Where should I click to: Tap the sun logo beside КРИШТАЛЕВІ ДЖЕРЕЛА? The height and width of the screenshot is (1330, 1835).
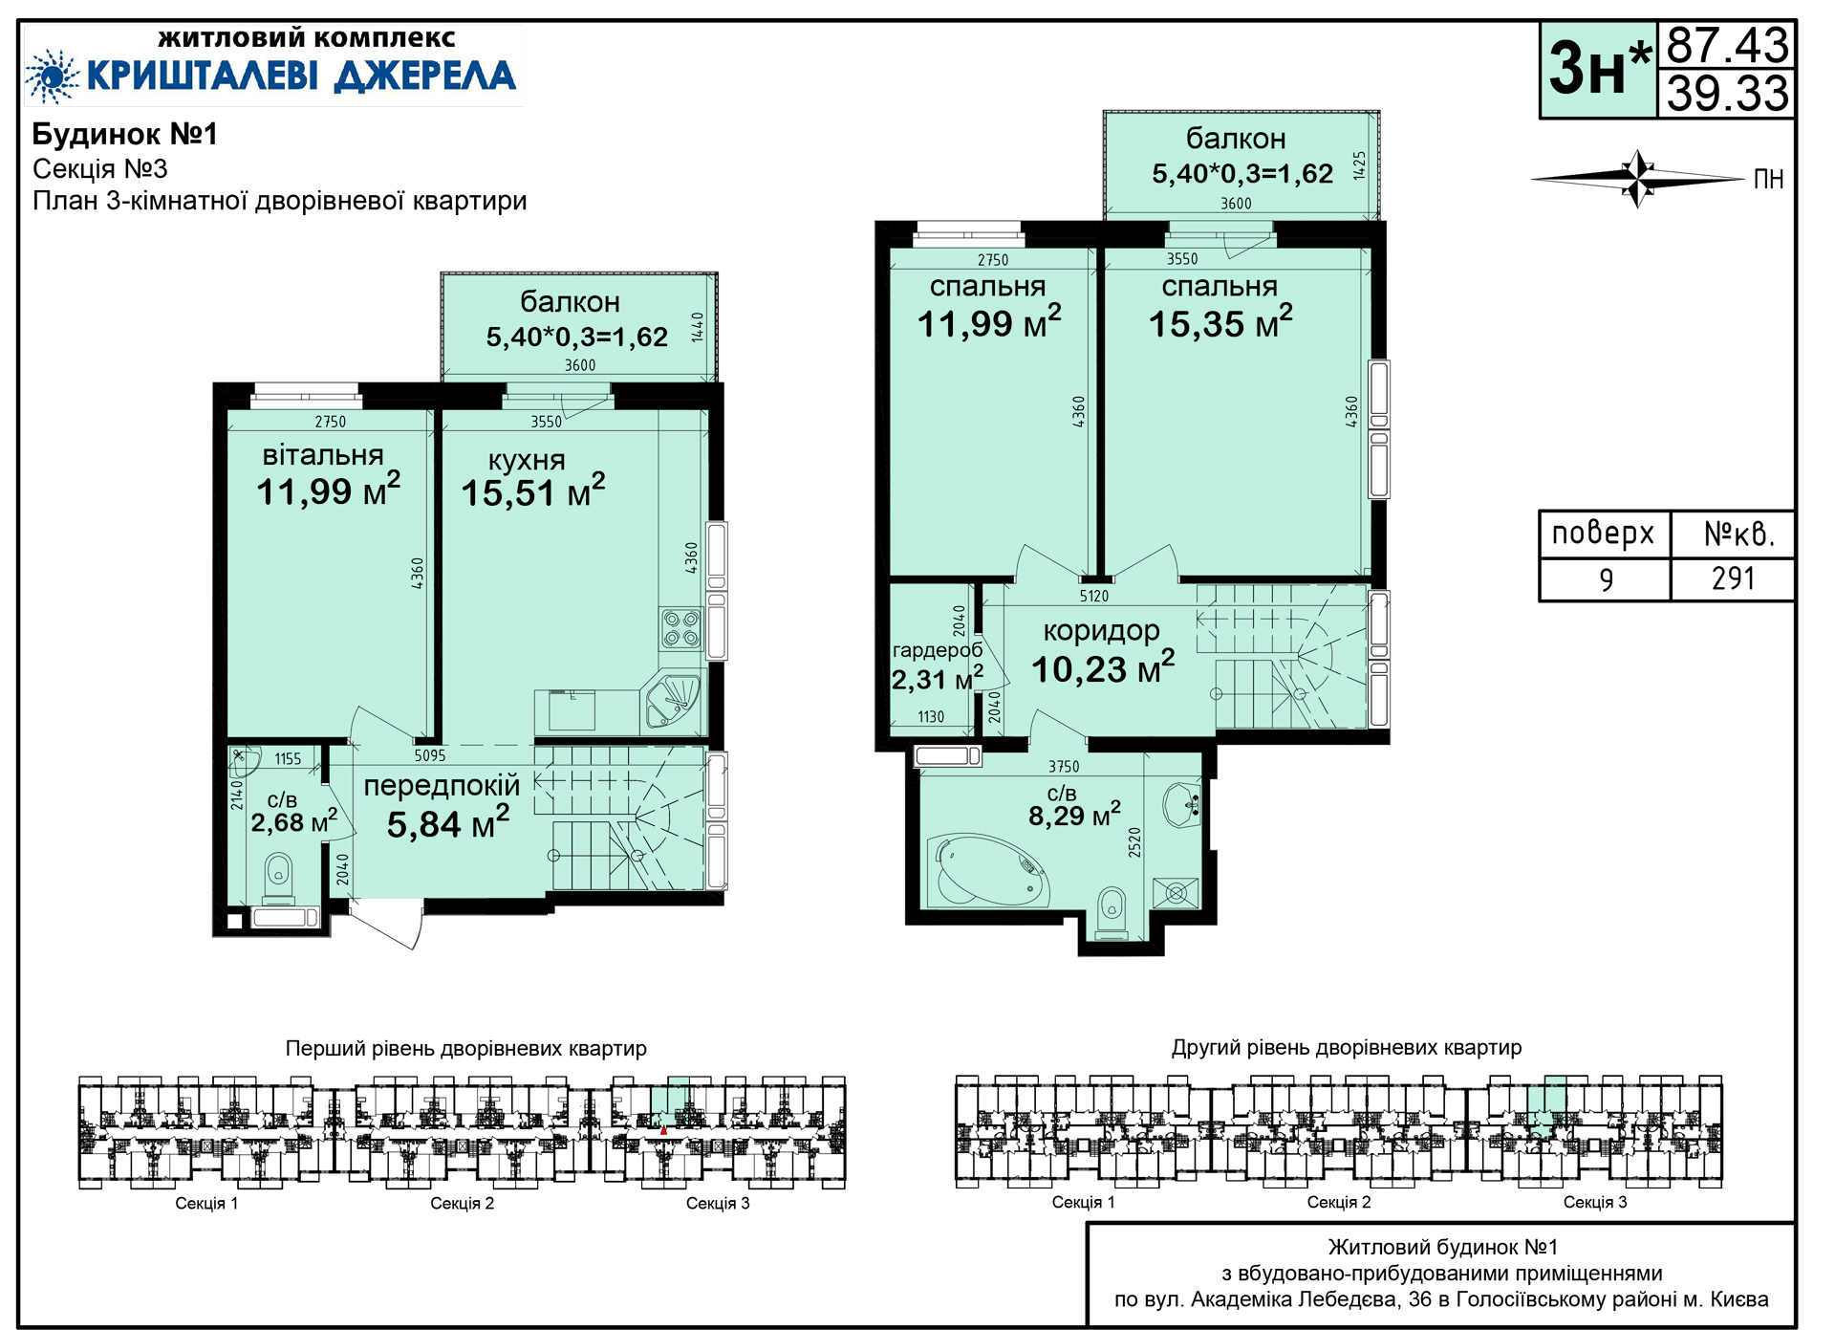point(52,76)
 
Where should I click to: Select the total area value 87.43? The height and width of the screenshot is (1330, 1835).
point(1727,45)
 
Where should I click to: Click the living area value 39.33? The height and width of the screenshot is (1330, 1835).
point(1727,94)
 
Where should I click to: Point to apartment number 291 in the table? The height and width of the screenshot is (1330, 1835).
point(1733,578)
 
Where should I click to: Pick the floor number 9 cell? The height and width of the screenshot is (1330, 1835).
point(1606,579)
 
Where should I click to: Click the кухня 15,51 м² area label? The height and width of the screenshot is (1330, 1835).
point(532,477)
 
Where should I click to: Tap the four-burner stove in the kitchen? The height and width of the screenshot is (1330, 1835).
point(681,628)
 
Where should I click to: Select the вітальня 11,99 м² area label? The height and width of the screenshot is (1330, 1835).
point(328,474)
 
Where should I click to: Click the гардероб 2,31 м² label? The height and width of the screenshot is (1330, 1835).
point(937,665)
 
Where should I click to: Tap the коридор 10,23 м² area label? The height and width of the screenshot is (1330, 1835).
point(1102,651)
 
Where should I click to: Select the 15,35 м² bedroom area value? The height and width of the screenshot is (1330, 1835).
point(1220,323)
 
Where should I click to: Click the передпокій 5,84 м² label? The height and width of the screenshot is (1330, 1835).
point(443,804)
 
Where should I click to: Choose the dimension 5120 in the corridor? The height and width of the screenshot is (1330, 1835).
point(1094,597)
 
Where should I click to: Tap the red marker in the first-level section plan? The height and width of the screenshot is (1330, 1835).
point(664,1130)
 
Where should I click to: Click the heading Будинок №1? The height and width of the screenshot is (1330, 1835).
point(125,134)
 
